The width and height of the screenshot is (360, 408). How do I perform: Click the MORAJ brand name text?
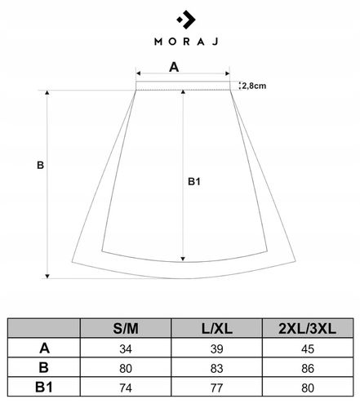point(180,41)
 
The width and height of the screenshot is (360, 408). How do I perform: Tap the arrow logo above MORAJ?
point(180,17)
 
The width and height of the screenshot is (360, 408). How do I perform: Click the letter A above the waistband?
point(173,68)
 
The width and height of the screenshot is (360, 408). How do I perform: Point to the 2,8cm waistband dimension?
point(254,85)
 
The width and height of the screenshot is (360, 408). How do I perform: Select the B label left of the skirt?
point(41,165)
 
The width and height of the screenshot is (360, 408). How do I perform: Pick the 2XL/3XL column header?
point(306,329)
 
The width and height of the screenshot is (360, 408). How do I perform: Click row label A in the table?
point(43,348)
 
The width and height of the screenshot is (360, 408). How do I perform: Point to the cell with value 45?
point(306,348)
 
